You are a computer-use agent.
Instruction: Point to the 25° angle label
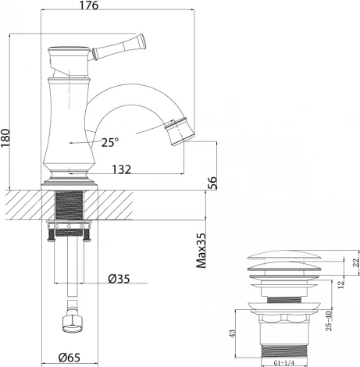tap(110, 141)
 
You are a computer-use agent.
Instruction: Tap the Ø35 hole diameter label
tap(119, 279)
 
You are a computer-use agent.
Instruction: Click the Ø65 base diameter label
tap(71, 358)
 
